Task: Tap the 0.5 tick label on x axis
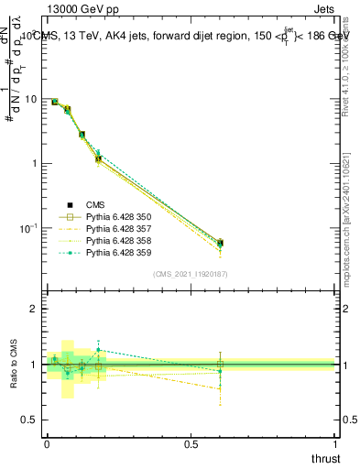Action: click(x=191, y=446)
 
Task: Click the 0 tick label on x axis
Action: click(x=47, y=446)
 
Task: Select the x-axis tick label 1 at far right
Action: click(x=335, y=446)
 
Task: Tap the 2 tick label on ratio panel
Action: click(x=35, y=309)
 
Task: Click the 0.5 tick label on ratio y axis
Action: click(x=31, y=420)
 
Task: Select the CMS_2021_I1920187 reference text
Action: click(x=190, y=274)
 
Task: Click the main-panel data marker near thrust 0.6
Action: click(x=220, y=243)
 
